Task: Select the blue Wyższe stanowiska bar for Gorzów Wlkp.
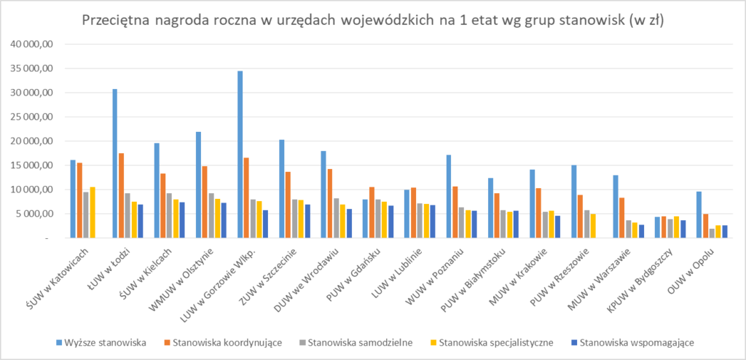[x=240, y=154]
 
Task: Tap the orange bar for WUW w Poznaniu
[x=455, y=213]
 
